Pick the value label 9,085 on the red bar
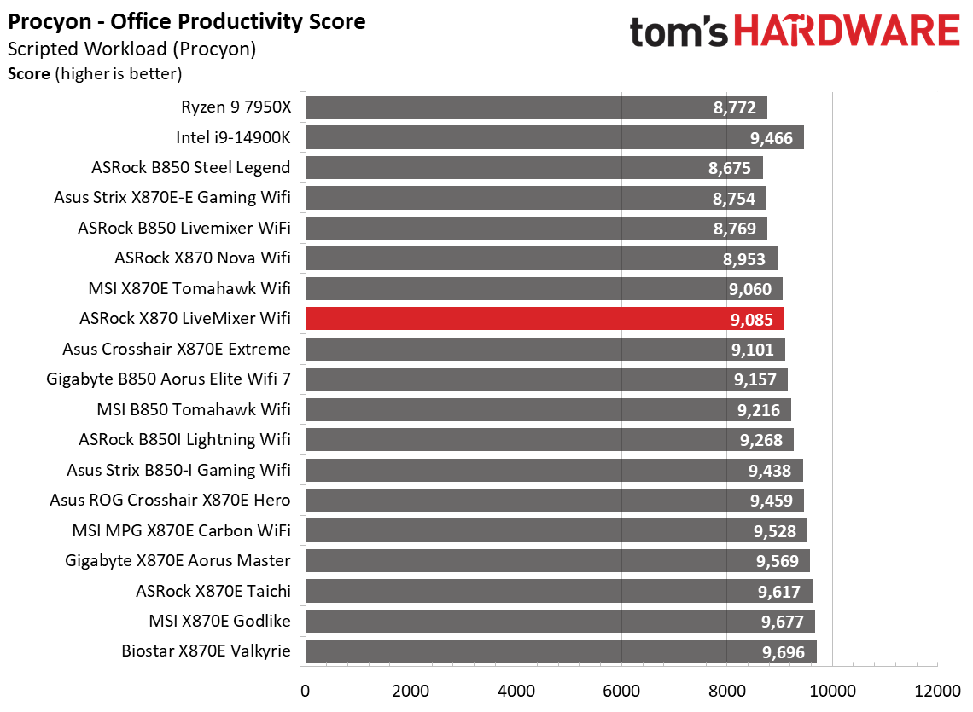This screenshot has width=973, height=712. click(x=751, y=320)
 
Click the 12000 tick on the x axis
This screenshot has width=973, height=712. click(x=937, y=689)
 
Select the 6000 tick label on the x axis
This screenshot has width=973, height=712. click(x=621, y=689)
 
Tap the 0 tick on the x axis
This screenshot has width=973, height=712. click(x=306, y=689)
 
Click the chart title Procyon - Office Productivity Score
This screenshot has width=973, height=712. click(x=187, y=21)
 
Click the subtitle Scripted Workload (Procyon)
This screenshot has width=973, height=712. click(x=131, y=49)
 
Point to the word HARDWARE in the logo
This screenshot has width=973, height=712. click(x=846, y=32)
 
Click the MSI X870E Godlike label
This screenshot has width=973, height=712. click(x=219, y=622)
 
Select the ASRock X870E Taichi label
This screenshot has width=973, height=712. click(x=213, y=591)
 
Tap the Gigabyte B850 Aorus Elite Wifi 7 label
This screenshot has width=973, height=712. click(x=168, y=379)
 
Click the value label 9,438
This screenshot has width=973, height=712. click(x=771, y=471)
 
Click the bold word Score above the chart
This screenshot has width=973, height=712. click(x=29, y=74)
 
